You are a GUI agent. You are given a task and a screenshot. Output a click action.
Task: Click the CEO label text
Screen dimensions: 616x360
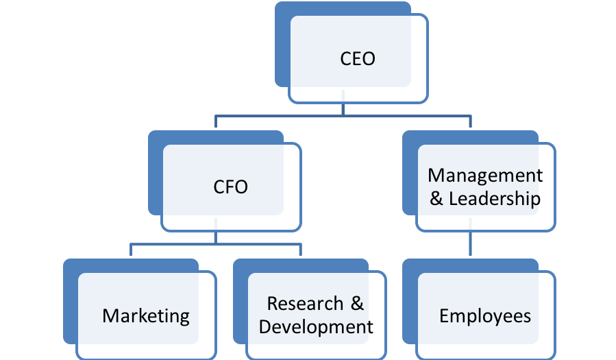point(358,59)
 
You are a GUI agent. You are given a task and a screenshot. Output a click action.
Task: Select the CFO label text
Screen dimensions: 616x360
point(231,187)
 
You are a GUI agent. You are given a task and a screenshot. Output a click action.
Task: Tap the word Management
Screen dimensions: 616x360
point(485,176)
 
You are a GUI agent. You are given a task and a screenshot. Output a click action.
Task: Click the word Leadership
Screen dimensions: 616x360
point(495,198)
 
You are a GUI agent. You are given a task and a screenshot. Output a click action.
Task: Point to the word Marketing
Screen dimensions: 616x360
point(146,316)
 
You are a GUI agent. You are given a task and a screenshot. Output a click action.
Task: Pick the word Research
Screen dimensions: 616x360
point(305,304)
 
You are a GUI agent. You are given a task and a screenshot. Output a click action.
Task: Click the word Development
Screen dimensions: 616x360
point(316,327)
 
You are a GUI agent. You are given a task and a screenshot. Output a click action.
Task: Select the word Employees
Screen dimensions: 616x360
point(485,316)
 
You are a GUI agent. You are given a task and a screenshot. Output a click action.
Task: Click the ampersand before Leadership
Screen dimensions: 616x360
point(436,198)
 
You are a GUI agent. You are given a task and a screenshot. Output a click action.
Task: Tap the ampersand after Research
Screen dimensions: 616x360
point(357,304)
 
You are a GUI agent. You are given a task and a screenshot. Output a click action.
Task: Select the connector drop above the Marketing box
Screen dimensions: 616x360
point(131,250)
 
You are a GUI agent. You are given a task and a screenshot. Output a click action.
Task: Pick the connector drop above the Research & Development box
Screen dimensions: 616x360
point(301,250)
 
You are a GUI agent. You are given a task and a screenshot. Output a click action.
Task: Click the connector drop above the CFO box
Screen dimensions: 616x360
point(216,121)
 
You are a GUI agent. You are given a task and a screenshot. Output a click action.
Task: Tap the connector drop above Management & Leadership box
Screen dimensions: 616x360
point(470,121)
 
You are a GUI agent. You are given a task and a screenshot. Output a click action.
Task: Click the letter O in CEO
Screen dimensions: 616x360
point(368,59)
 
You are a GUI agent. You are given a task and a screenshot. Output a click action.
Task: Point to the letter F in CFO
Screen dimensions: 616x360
point(229,187)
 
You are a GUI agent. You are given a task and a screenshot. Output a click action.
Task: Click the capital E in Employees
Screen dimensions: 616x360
point(444,315)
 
